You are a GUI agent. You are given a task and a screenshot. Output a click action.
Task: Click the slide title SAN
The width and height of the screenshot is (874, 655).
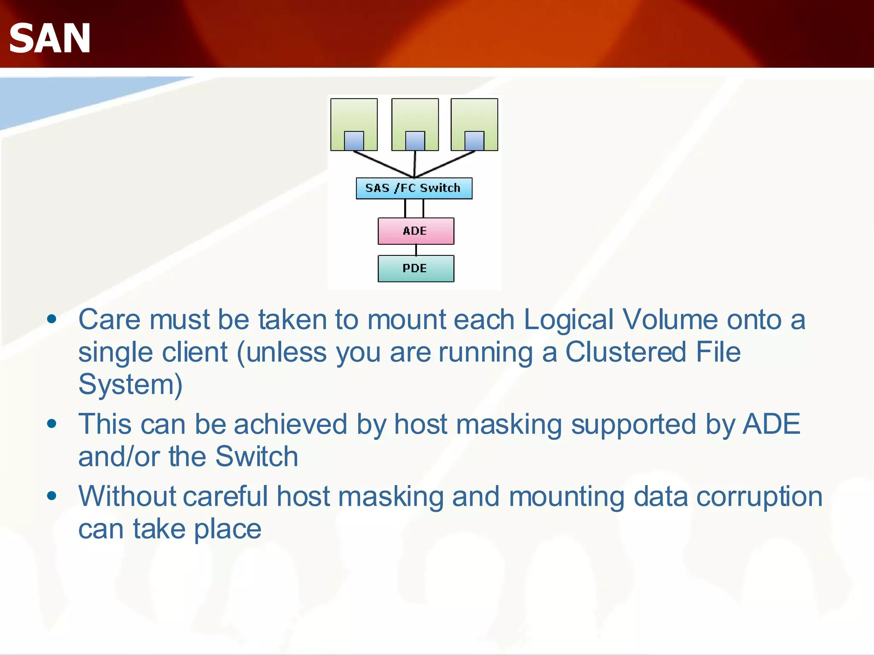point(50,38)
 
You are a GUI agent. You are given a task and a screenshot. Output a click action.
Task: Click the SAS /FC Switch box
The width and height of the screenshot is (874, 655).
point(414,188)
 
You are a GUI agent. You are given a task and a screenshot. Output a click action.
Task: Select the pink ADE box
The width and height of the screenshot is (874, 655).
point(416,231)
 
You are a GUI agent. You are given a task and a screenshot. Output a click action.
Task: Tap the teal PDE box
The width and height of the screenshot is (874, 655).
point(416,269)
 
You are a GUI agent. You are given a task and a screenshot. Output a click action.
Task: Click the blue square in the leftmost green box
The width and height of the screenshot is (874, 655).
point(354,141)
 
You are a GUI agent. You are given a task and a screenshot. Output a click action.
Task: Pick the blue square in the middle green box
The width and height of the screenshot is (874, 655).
point(415,141)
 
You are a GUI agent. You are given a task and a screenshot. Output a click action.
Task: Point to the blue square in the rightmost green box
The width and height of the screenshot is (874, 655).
point(474,141)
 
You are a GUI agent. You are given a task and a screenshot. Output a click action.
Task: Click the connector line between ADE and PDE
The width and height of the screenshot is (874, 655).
point(416,250)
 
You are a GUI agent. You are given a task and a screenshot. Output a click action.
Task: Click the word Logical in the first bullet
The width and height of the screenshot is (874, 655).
point(568,319)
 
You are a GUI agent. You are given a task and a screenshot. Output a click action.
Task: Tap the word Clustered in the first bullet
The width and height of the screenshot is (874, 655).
point(626,352)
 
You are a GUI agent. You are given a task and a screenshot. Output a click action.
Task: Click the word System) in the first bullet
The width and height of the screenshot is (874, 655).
point(131,384)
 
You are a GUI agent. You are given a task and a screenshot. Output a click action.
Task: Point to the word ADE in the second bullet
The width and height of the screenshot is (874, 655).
point(771,424)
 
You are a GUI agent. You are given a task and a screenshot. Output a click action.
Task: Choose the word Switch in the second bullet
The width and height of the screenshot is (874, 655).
point(256,457)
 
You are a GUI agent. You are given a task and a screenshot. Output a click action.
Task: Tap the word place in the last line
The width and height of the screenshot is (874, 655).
point(228,529)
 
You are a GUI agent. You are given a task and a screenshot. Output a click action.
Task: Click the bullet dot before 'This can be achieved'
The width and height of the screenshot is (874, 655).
point(52,424)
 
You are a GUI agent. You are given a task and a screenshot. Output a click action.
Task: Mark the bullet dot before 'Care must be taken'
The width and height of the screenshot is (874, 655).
point(52,319)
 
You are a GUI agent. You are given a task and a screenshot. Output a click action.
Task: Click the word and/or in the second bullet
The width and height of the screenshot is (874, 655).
point(119,457)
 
